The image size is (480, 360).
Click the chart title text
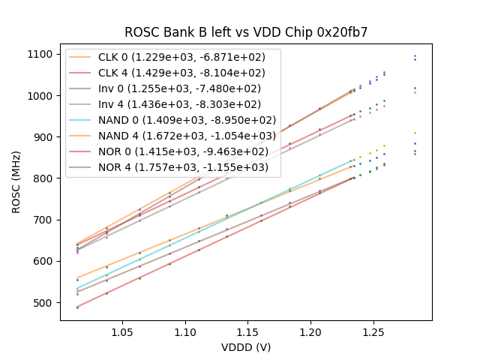click(245, 32)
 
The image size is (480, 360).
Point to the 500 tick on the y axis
click(44, 303)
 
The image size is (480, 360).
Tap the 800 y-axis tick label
click(44, 178)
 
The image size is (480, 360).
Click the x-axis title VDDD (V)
click(245, 347)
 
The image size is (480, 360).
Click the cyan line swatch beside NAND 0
click(81, 120)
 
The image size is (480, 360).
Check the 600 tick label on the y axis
click(44, 262)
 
